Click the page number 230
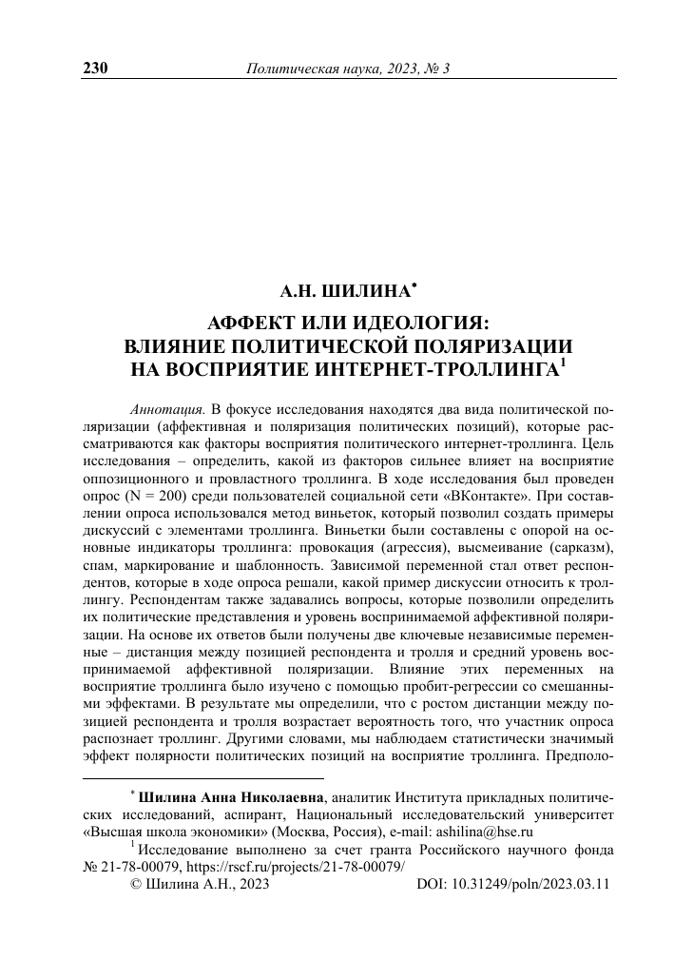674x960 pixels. point(97,69)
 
